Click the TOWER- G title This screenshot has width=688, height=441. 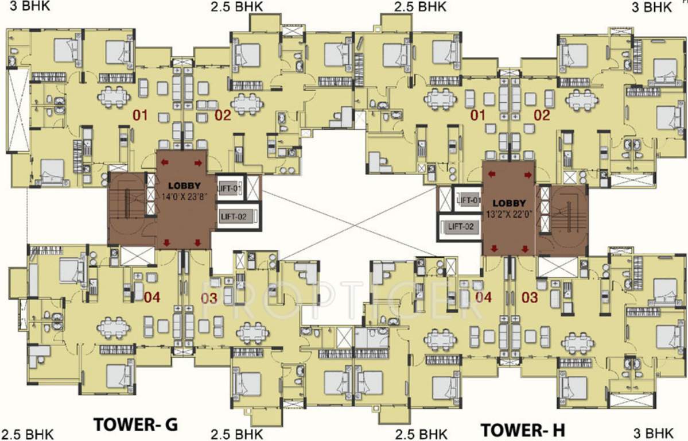(135, 424)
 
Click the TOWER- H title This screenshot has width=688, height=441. (523, 429)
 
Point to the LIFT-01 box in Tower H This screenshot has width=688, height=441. (467, 200)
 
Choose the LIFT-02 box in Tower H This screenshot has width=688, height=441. (460, 227)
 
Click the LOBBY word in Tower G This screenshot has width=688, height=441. (184, 186)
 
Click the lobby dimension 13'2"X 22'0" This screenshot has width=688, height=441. (509, 215)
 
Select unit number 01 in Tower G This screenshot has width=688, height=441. (141, 115)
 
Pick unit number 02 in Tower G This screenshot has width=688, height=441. (223, 115)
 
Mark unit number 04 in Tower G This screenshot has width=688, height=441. (152, 297)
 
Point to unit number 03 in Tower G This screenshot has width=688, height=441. (209, 298)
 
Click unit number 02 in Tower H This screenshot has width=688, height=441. (542, 115)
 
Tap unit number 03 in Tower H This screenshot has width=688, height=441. (530, 297)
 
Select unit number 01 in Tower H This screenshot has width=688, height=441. (478, 115)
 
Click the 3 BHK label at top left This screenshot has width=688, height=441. (30, 6)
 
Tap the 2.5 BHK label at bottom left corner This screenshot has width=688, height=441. (27, 434)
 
